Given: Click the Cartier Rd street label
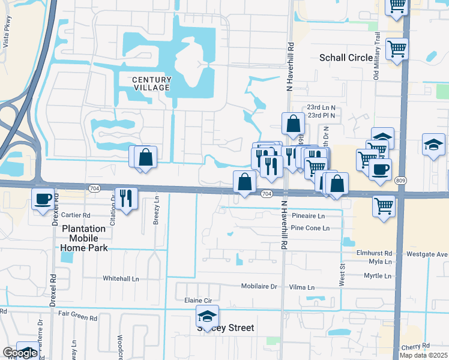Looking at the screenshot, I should tap(75, 215).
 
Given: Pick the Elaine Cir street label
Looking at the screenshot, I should tap(194, 299).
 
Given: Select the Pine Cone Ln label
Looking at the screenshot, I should tap(310, 228).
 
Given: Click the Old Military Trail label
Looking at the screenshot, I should tap(378, 57).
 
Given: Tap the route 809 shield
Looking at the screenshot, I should tap(400, 180).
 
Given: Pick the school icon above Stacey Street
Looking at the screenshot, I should tap(207, 316).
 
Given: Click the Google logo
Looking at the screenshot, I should tap(19, 353).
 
